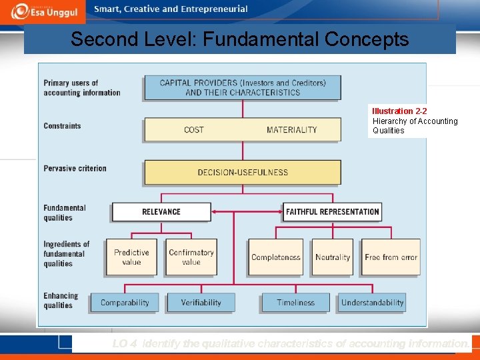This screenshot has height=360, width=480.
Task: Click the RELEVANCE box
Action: click(x=161, y=212)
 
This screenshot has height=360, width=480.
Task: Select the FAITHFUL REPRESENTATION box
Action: click(x=332, y=212)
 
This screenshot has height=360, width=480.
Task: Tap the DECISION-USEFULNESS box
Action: click(x=243, y=172)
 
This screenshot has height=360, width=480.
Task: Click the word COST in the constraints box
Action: click(x=194, y=130)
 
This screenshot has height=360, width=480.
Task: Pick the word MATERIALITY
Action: click(x=291, y=130)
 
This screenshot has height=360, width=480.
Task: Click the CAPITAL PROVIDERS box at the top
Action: click(x=243, y=88)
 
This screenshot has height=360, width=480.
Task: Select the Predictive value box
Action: click(x=131, y=257)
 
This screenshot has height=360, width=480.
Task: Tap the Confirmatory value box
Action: click(x=191, y=257)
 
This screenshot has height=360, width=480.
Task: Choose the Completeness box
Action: click(x=275, y=257)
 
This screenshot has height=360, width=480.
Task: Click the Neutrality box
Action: click(x=333, y=257)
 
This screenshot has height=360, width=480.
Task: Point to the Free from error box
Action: click(x=391, y=257)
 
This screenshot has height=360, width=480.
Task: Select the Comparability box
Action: click(x=125, y=303)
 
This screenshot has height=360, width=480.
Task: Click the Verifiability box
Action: click(x=201, y=303)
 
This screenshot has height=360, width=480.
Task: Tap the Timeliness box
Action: click(x=295, y=303)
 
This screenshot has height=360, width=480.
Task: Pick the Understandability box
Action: click(x=372, y=303)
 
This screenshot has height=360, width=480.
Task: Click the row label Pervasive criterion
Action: click(x=75, y=169)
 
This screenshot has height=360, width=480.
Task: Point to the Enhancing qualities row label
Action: click(x=61, y=301)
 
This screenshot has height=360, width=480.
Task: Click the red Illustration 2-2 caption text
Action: click(x=399, y=111)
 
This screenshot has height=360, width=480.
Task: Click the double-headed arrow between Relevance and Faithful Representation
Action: click(x=247, y=212)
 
